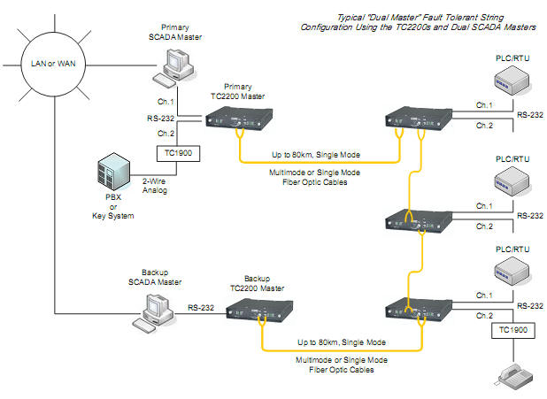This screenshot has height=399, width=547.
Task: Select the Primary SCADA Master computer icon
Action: pyautogui.click(x=174, y=67)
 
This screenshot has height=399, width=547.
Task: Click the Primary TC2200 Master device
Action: pyautogui.click(x=239, y=119)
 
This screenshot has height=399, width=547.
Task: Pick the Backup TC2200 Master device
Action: pyautogui.click(x=259, y=310)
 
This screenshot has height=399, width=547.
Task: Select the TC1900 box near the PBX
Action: pyautogui.click(x=178, y=153)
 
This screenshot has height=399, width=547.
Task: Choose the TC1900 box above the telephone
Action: pyautogui.click(x=513, y=330)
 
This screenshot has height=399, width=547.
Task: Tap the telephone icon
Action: pyautogui.click(x=515, y=378)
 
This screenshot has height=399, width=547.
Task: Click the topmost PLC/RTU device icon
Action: pyautogui.click(x=512, y=81)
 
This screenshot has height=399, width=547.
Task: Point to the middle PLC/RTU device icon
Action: pyautogui.click(x=512, y=181)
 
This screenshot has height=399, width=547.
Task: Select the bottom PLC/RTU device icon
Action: pyautogui.click(x=512, y=272)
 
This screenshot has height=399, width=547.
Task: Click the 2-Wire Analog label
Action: pyautogui.click(x=155, y=186)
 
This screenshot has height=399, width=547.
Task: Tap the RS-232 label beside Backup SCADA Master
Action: pyautogui.click(x=201, y=308)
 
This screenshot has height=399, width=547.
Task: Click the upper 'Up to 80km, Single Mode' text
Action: pyautogui.click(x=316, y=155)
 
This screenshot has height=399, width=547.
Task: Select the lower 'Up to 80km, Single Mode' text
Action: pyautogui.click(x=342, y=342)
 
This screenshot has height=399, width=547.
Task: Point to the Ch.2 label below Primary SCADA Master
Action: pyautogui.click(x=166, y=134)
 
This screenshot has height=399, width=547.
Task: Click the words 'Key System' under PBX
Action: pyautogui.click(x=113, y=216)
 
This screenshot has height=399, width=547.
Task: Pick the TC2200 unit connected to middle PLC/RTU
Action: pyautogui.click(x=419, y=220)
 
